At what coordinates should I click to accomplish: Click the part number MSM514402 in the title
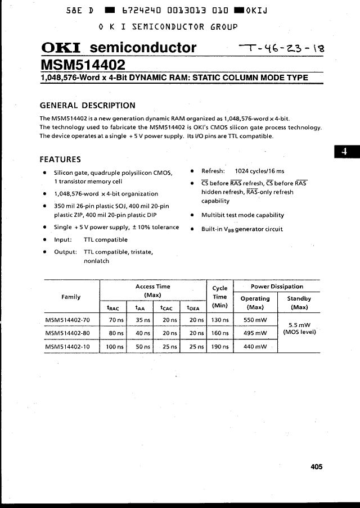pos(83,64)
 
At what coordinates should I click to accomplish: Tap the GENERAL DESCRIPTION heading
pos(87,105)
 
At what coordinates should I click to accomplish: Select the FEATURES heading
pos(60,159)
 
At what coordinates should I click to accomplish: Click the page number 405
pos(316,466)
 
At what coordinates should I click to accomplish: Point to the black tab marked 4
pos(346,152)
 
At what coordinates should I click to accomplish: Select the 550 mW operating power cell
pos(255,320)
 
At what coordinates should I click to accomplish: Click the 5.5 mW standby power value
pos(299,325)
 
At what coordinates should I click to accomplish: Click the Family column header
pos(71,297)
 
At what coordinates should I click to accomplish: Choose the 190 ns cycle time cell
pos(220,347)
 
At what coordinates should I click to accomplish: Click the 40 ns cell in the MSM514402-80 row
pos(143,333)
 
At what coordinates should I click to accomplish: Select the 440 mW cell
pos(255,347)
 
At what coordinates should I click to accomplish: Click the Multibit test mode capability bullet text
pos(242,215)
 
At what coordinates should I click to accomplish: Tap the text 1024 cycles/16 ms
pos(259,171)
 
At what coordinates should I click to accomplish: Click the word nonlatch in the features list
pos(96,261)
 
